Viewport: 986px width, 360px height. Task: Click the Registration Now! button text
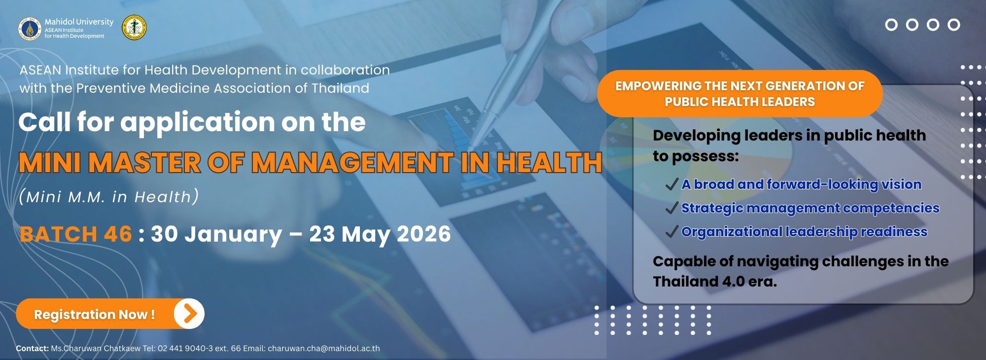[x=94, y=315]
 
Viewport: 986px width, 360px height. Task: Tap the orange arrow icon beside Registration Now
[x=189, y=314]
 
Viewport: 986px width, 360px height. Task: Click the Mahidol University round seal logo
[x=30, y=29]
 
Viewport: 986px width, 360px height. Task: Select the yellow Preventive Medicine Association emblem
[x=134, y=28]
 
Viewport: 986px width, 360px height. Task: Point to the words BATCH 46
[x=76, y=234]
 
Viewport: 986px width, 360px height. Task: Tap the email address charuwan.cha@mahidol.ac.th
[x=324, y=348]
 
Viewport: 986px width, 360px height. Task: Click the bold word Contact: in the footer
[x=32, y=348]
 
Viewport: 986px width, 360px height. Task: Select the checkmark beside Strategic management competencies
[x=671, y=208]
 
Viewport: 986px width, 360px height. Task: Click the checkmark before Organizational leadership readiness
[x=671, y=232]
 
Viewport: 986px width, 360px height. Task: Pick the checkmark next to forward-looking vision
[x=671, y=184]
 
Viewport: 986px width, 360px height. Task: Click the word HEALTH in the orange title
[x=549, y=163]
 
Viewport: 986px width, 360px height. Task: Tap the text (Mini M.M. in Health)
[x=109, y=197]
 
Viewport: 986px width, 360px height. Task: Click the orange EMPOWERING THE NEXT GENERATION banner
[x=739, y=94]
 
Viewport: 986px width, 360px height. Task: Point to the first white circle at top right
[x=891, y=25]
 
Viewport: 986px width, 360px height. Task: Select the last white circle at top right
[x=954, y=25]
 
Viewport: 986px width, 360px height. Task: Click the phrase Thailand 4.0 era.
[x=715, y=282]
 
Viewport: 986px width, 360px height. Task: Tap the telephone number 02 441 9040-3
[x=185, y=348]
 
